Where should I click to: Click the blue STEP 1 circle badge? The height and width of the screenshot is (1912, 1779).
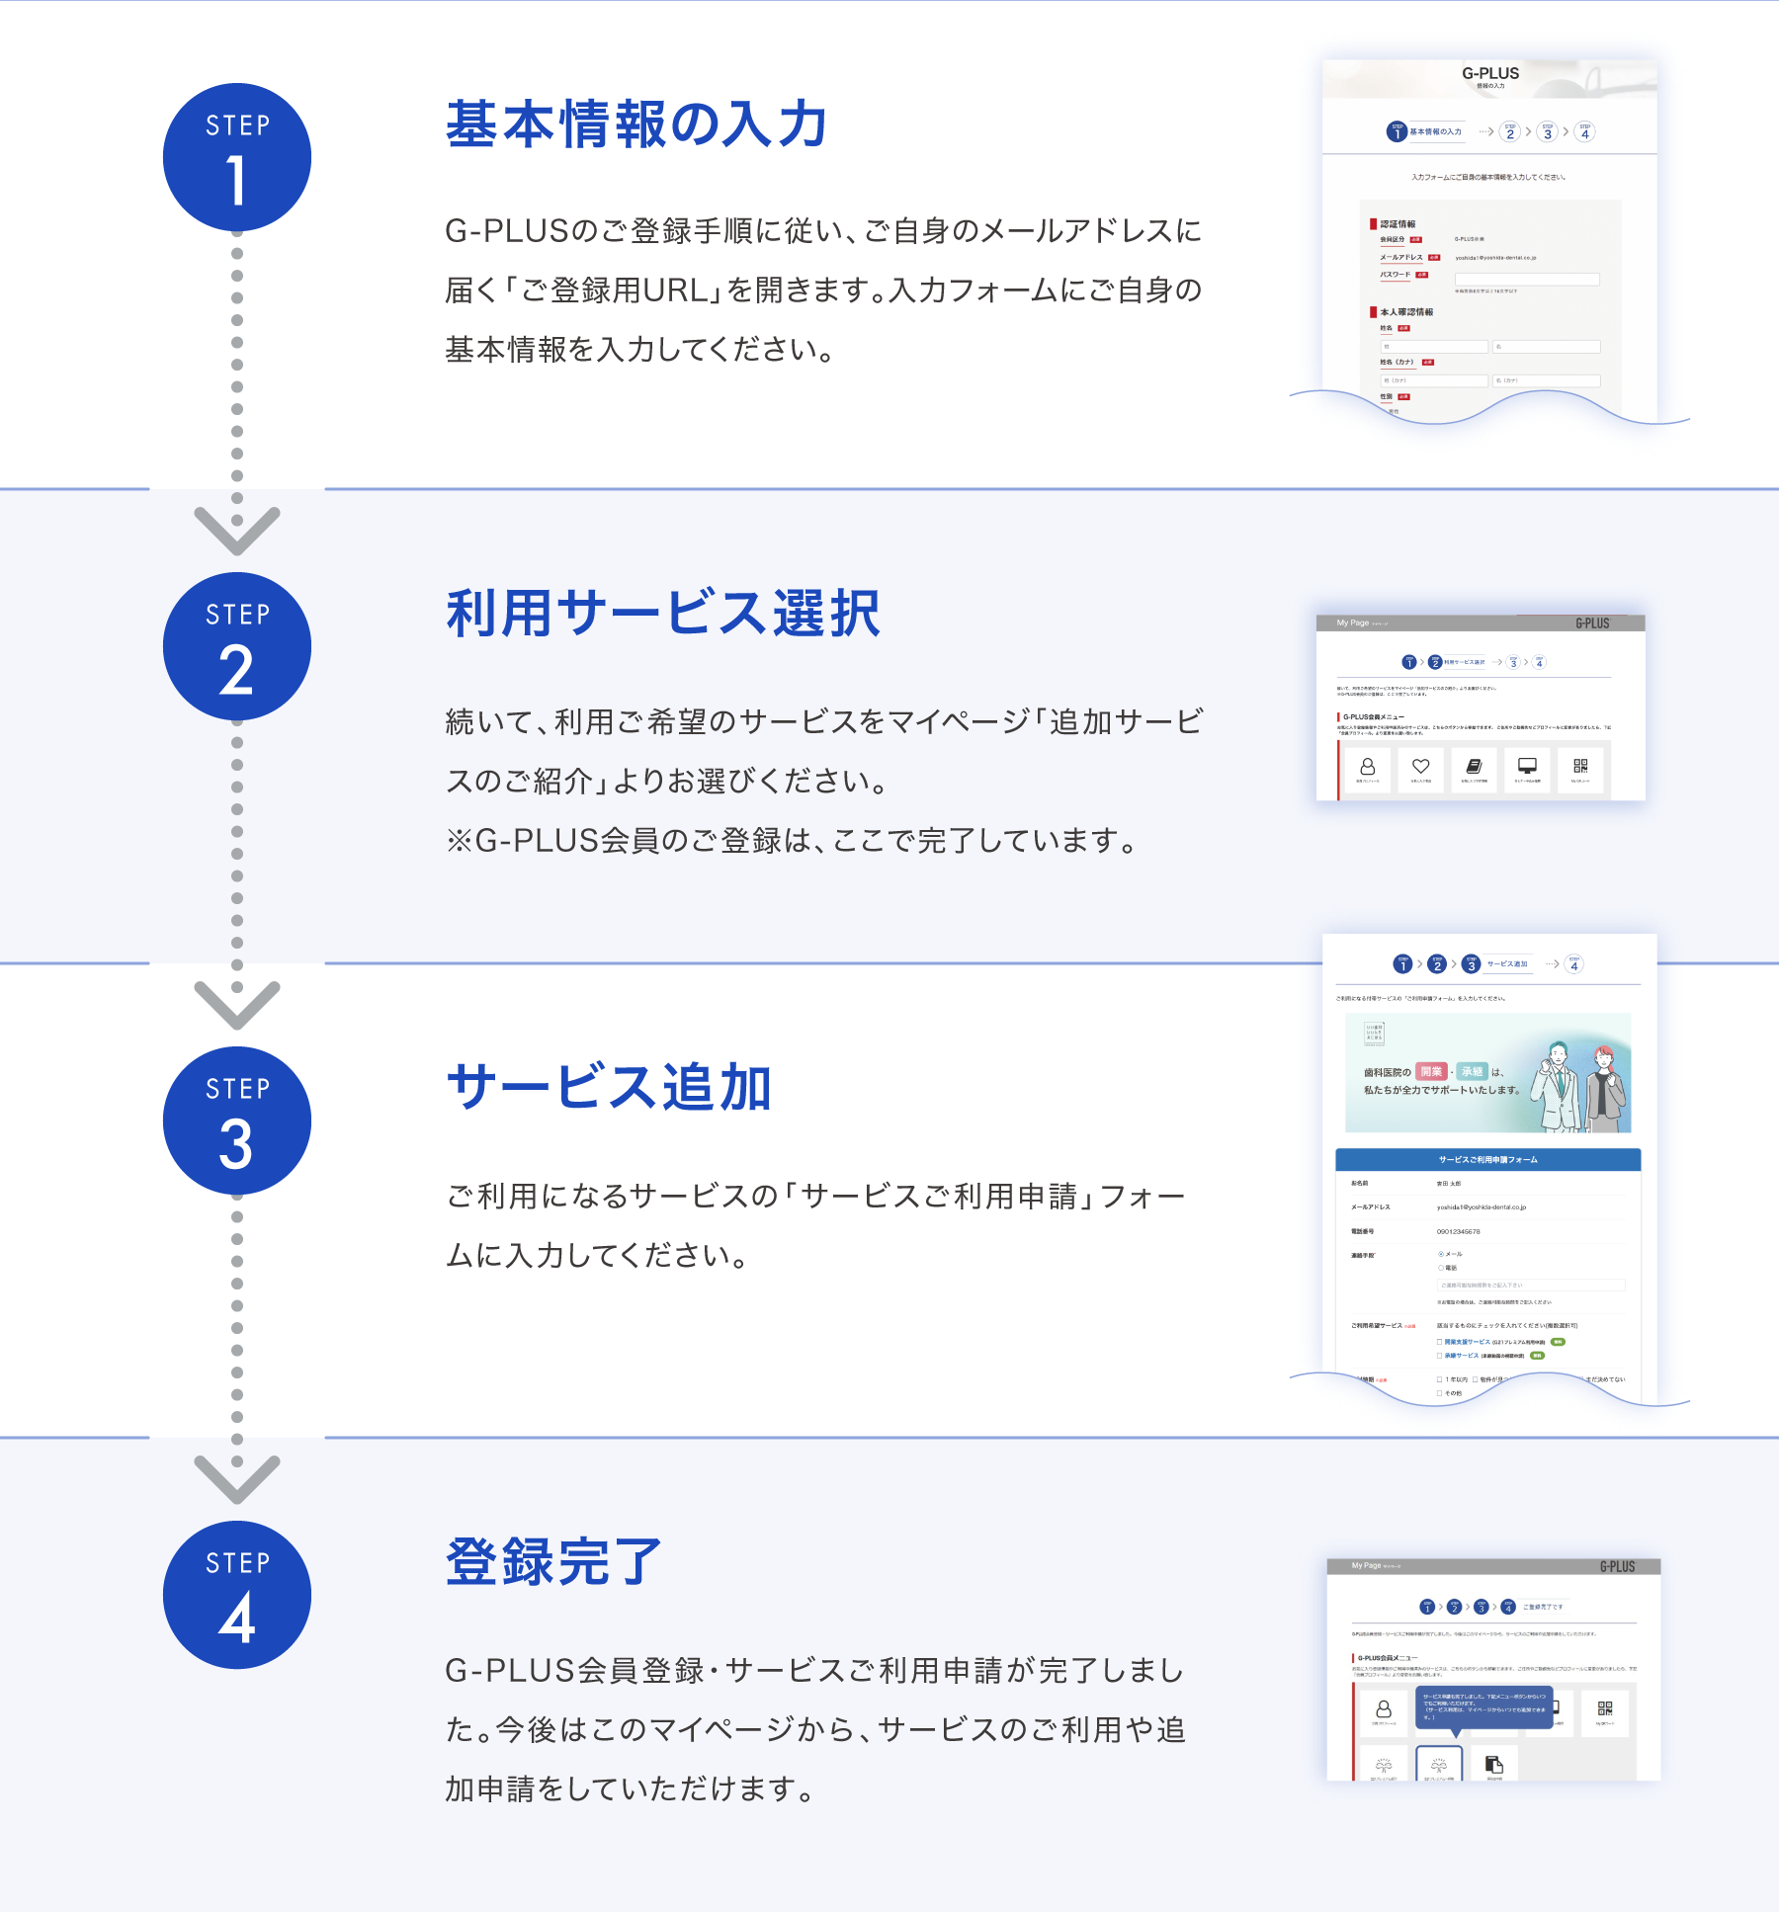coord(236,157)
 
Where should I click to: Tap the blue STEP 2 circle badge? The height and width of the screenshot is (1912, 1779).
coord(236,646)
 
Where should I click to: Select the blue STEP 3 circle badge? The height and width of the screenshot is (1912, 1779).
coord(236,1121)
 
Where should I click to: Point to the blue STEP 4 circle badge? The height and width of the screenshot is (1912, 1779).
coord(236,1595)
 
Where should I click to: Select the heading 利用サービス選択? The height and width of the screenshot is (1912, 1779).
coord(662,614)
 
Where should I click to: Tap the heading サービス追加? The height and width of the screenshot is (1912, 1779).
coord(608,1088)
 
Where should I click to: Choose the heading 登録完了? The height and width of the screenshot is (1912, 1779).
coord(553,1562)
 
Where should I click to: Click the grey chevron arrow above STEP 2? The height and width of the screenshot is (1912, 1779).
coord(236,531)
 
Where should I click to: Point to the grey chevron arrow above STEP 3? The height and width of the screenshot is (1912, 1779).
coord(236,1005)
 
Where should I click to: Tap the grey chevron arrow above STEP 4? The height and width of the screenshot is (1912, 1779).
coord(236,1479)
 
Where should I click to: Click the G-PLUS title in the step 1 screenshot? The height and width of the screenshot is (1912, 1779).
coord(1490,73)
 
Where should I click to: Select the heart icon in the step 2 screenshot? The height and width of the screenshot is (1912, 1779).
coord(1420,767)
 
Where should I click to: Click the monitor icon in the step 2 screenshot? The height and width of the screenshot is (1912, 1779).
coord(1527,767)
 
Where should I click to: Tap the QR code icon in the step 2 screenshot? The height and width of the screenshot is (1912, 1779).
coord(1580,767)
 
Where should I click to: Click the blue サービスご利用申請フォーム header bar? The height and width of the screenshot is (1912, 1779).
coord(1487,1160)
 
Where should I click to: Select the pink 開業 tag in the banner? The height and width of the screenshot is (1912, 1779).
coord(1431,1072)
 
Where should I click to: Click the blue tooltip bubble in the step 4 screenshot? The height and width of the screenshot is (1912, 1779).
coord(1483,1706)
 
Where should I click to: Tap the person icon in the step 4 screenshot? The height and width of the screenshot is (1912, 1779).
coord(1384,1709)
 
